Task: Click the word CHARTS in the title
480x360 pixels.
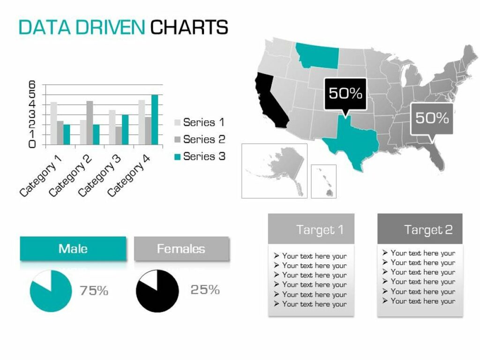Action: pos(189,27)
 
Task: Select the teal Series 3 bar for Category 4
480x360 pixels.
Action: pos(155,120)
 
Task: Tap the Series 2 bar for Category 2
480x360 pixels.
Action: pos(90,122)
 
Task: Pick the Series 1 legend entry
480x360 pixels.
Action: pos(199,123)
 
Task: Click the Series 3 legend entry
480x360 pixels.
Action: pos(199,157)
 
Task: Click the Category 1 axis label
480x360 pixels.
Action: pos(41,175)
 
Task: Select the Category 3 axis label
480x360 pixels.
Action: pos(99,175)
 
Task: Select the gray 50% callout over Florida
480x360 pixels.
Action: pos(432,118)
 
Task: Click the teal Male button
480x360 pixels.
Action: pos(73,248)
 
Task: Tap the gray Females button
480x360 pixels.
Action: pos(181,248)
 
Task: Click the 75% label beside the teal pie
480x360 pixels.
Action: pos(94,291)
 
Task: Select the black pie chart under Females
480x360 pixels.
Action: pos(157,291)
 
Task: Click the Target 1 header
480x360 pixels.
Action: pos(311,229)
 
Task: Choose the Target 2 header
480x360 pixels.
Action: pos(420,229)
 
